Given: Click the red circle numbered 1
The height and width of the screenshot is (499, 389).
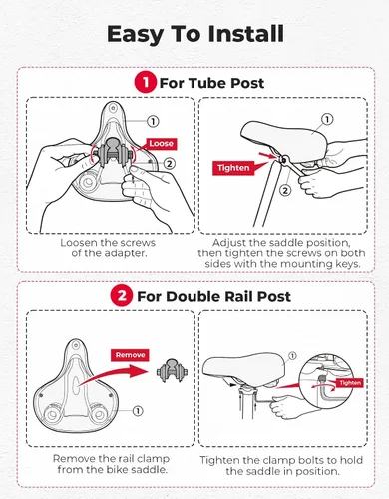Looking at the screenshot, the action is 146,83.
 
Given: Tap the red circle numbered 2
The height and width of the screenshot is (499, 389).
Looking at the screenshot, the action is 122,296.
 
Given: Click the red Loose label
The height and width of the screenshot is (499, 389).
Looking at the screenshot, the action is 161,144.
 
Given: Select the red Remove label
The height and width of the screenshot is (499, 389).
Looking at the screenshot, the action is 130,355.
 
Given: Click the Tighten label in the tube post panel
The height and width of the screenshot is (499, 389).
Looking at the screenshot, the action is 233,168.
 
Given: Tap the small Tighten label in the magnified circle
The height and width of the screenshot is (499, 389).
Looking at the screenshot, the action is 350,383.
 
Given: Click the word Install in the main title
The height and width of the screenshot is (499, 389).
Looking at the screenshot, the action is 245,34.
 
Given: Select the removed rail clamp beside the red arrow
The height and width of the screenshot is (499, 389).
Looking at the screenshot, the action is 172,370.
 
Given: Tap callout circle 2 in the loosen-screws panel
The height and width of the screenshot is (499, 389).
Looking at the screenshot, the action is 169,163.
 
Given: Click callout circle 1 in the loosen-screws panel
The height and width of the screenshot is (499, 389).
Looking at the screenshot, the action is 153,121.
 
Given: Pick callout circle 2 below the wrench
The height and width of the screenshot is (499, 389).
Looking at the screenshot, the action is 285,191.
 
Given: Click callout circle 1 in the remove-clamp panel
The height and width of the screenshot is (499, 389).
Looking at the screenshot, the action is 138,411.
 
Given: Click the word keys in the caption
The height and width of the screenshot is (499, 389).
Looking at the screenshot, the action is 347,264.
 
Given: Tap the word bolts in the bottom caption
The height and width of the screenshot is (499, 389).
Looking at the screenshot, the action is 313,460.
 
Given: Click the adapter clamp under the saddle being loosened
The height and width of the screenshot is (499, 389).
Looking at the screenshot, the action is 113,154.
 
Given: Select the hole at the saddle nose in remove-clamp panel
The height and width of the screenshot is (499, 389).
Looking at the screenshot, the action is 76,345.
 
